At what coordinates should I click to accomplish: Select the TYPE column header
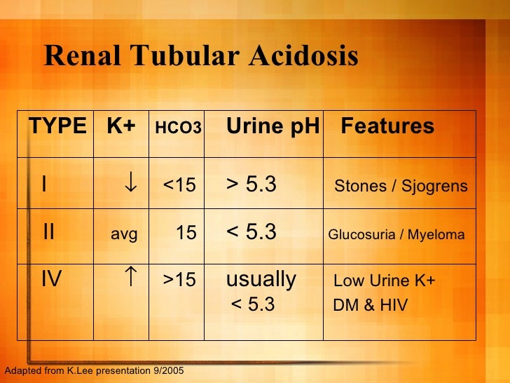57,126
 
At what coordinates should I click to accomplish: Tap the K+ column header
121,126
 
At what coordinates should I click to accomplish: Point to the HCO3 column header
177,128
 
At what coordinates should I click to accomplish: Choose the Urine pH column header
273,126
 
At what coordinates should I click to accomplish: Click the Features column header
387,126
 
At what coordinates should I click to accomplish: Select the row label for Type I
44,184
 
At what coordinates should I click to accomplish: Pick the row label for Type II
48,232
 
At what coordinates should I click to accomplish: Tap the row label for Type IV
51,280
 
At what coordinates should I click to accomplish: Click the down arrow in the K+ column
130,184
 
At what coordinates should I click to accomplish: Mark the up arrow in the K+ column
130,278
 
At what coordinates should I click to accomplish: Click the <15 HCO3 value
179,186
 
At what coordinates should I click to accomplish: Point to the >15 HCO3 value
179,281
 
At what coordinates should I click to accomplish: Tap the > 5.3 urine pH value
251,184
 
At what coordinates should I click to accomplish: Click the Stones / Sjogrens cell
401,187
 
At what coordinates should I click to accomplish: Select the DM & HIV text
370,306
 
